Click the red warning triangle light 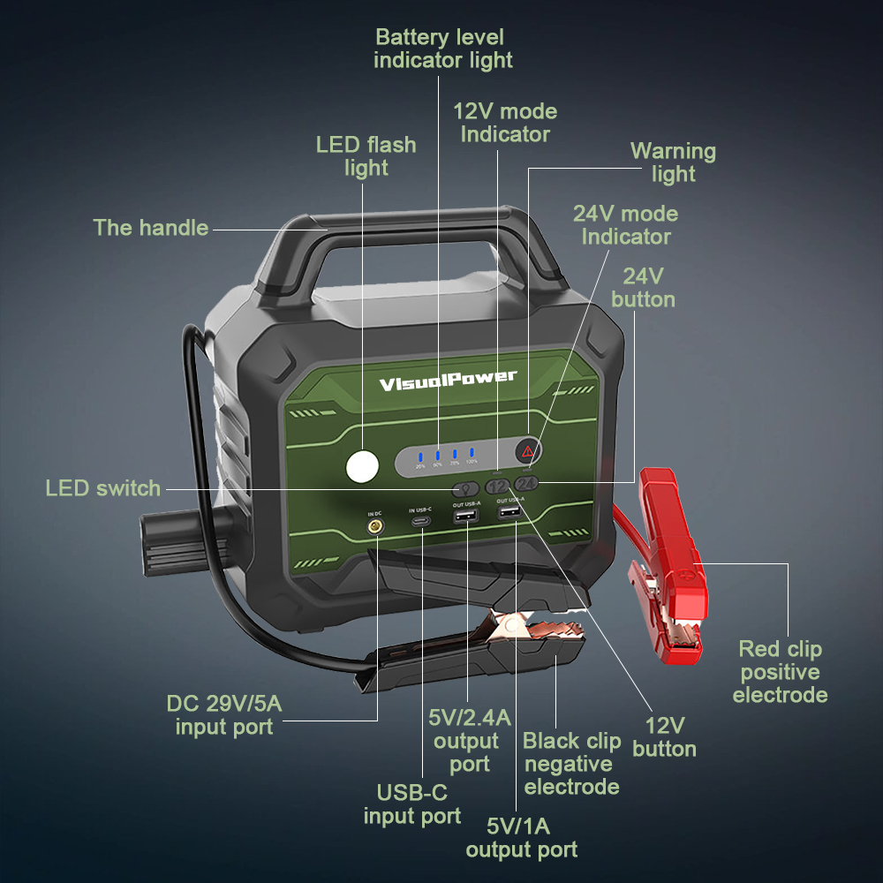click(528, 452)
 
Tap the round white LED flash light click(362, 466)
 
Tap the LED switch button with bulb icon click(465, 488)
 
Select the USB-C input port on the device click(421, 523)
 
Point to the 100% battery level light click(472, 455)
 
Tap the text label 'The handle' click(151, 228)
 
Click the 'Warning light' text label click(673, 162)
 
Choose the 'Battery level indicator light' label click(442, 49)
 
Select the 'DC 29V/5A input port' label click(224, 715)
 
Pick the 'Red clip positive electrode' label click(780, 672)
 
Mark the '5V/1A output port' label click(521, 838)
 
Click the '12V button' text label click(664, 737)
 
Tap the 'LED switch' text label click(103, 488)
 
